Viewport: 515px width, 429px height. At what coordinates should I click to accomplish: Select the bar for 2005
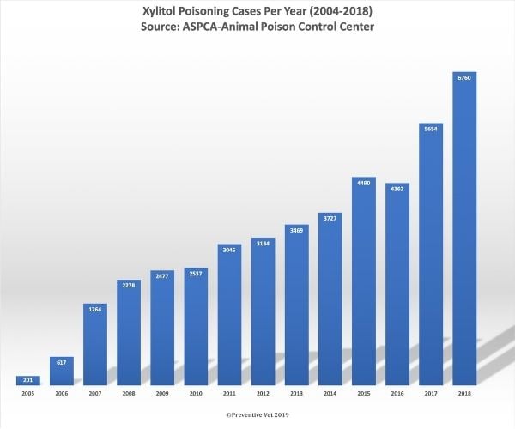click(28, 380)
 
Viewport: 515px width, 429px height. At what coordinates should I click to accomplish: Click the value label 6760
click(463, 77)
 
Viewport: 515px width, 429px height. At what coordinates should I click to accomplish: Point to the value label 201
click(28, 380)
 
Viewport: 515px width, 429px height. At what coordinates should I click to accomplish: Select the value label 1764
click(95, 308)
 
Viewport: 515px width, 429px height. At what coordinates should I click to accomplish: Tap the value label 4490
click(363, 181)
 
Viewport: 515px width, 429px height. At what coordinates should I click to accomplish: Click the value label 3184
click(263, 244)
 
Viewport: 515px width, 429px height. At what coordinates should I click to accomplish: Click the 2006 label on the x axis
click(62, 393)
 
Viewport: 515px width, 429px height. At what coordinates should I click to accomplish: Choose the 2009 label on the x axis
click(162, 393)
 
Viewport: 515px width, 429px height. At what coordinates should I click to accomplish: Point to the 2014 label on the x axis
click(330, 393)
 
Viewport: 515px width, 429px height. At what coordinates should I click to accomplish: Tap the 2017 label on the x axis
click(430, 393)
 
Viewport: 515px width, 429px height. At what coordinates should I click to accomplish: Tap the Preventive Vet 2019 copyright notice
click(257, 414)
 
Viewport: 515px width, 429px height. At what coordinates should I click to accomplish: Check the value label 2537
click(196, 274)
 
